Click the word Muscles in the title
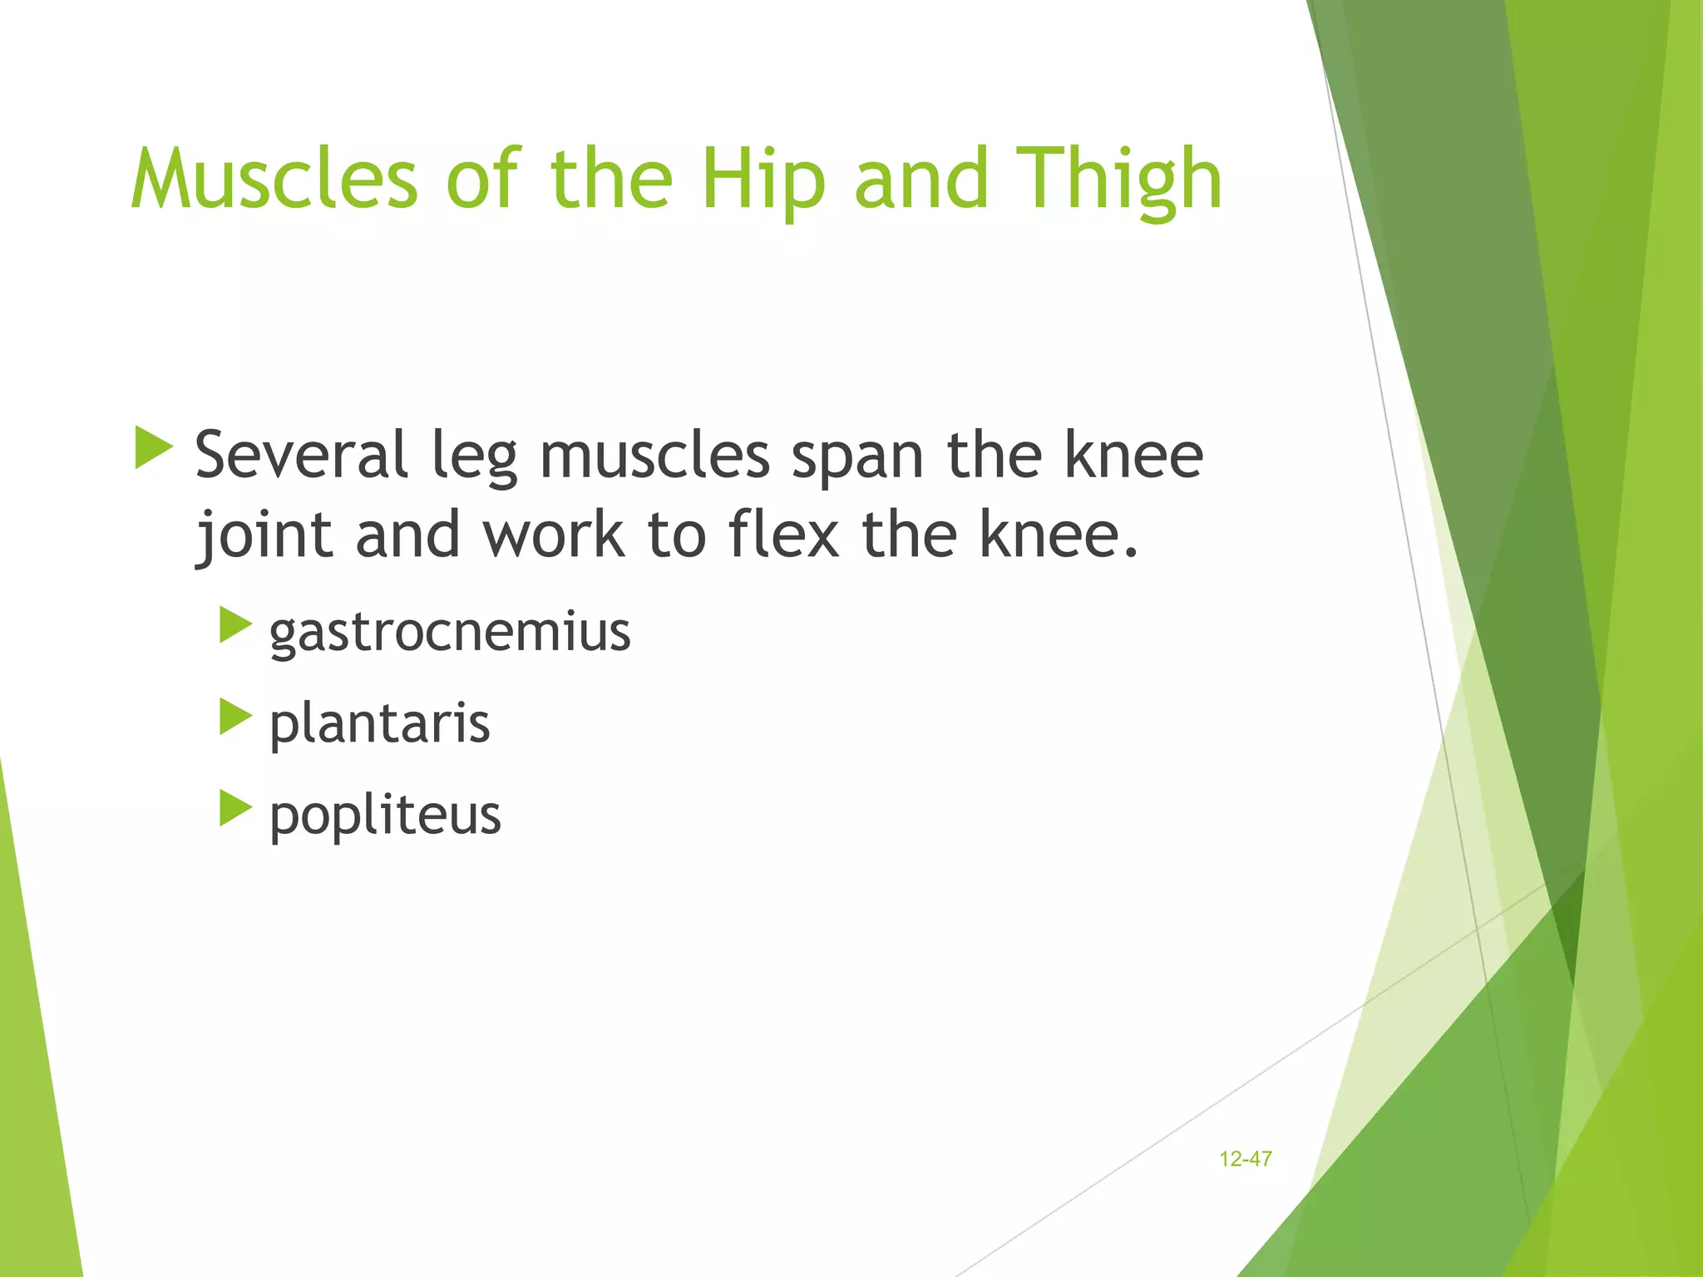(274, 179)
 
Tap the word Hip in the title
(763, 179)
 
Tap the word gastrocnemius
(450, 633)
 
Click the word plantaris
(379, 724)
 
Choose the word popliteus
(385, 815)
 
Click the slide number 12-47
(1245, 1159)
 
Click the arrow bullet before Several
(153, 448)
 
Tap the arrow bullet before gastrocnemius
(235, 625)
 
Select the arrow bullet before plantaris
(235, 717)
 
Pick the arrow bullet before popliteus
(235, 808)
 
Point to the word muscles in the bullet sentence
(654, 456)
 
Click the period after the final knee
(1129, 552)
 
